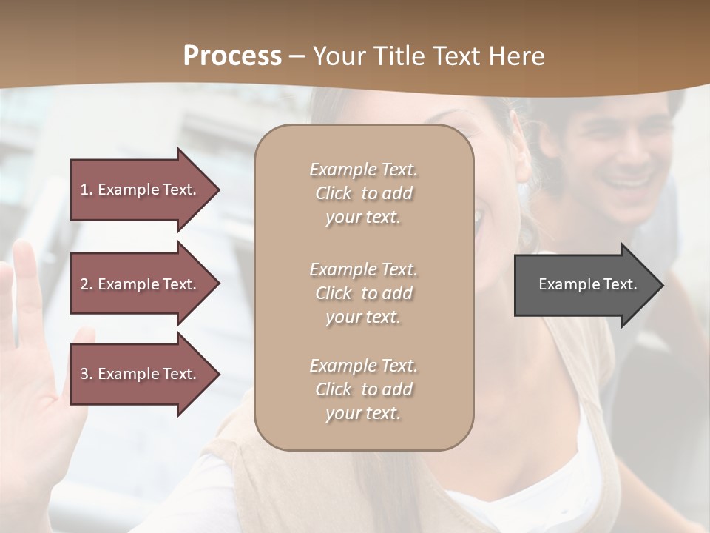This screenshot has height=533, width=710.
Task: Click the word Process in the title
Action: tap(232, 56)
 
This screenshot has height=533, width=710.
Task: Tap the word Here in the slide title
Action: tap(515, 56)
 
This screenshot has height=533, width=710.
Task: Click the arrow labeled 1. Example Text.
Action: tap(141, 190)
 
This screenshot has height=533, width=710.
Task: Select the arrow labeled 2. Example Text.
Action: tap(141, 284)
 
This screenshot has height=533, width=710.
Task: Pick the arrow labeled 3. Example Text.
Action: tap(141, 374)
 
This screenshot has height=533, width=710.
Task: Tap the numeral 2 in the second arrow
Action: tap(84, 284)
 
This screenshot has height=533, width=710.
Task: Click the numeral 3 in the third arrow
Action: tap(84, 374)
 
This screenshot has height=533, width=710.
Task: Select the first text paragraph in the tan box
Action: tap(363, 193)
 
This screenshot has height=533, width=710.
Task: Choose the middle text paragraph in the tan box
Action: tap(363, 293)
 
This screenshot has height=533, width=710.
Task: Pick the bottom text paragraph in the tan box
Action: tap(363, 389)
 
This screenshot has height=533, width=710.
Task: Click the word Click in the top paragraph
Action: tap(334, 193)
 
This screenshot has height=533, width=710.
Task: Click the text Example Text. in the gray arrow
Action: tap(587, 284)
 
